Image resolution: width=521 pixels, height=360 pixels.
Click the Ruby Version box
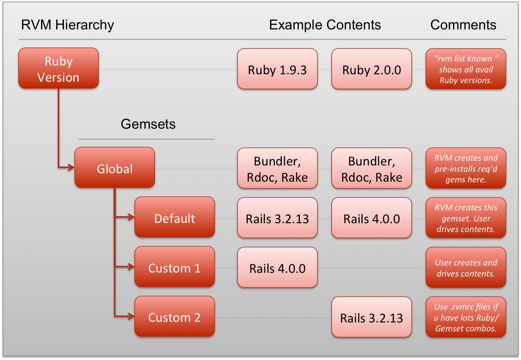58,69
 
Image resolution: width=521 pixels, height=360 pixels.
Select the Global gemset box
115,168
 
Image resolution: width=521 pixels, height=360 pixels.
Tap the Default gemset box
175,218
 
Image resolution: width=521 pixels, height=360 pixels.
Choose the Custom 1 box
175,267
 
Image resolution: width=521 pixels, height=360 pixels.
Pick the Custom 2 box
175,317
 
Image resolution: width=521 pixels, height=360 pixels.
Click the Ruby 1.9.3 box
277,69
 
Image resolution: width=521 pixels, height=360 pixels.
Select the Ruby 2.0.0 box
371,69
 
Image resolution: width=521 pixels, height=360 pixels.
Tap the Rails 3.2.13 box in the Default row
277,218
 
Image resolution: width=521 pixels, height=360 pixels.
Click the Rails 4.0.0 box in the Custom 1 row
277,268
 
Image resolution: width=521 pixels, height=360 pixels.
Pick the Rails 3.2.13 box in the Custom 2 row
371,317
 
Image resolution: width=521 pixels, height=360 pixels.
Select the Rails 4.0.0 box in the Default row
371,218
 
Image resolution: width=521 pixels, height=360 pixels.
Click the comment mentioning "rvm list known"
466,69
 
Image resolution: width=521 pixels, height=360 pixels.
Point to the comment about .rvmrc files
466,317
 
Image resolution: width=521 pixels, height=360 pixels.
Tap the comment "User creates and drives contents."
466,268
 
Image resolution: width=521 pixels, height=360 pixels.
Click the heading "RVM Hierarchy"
68,25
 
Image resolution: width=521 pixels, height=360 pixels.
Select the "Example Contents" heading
325,25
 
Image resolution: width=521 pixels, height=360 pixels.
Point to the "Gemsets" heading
148,124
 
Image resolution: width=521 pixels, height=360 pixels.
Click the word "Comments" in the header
463,25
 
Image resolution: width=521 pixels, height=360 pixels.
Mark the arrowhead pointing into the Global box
71,168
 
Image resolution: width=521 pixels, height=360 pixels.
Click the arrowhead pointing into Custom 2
131,316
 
